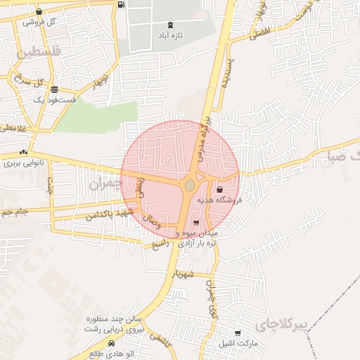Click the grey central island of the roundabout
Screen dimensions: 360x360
[190, 185]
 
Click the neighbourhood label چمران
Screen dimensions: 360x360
[105, 184]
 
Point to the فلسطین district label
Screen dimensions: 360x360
[38, 52]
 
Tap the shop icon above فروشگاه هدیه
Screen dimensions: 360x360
[220, 190]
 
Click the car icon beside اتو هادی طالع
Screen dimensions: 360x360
[111, 343]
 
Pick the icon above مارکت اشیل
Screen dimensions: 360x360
[238, 333]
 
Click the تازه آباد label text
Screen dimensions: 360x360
[169, 34]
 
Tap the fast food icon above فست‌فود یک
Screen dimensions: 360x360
[54, 89]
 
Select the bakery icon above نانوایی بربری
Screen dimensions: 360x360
[25, 152]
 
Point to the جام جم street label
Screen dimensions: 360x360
[14, 211]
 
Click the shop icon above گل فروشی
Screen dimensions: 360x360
[38, 12]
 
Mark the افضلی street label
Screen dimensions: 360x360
[259, 32]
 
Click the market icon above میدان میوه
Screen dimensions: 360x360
[195, 222]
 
